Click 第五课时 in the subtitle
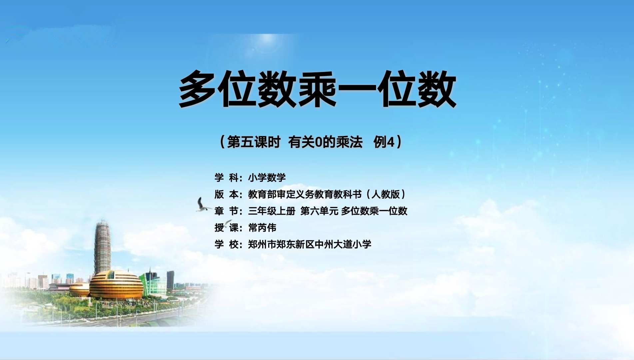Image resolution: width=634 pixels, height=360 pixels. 253,143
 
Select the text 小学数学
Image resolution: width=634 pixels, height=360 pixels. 267,178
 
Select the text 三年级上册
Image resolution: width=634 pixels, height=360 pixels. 272,211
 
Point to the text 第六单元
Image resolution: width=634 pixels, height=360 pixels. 319,211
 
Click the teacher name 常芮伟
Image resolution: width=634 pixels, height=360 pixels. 262,228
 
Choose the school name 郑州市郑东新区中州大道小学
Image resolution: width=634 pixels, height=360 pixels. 310,244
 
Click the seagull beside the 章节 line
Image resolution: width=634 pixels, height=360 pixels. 203,205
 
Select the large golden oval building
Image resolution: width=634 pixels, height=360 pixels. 116,285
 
